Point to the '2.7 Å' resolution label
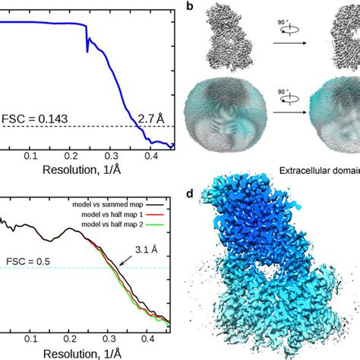click(x=151, y=117)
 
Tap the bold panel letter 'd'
click(x=190, y=194)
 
